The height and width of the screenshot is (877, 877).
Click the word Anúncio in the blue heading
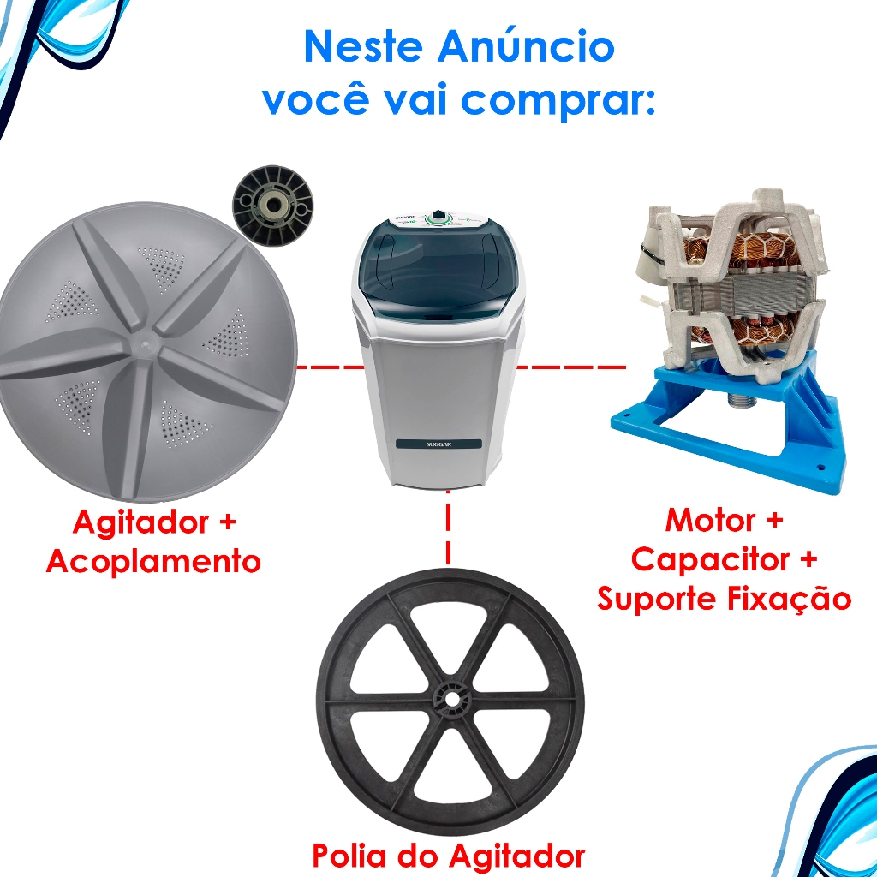click(x=526, y=46)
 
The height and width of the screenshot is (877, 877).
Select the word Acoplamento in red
click(x=153, y=560)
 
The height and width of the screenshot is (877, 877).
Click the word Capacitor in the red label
click(x=710, y=559)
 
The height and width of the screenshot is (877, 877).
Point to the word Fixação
click(x=789, y=597)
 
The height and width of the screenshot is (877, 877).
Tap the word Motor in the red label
click(x=710, y=520)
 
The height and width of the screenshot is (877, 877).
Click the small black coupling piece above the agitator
click(x=272, y=208)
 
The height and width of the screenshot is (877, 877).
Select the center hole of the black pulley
click(x=450, y=699)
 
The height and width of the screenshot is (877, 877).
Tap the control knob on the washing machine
click(x=438, y=215)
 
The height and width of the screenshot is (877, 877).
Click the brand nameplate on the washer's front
click(x=438, y=444)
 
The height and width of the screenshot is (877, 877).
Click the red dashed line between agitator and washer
click(x=330, y=367)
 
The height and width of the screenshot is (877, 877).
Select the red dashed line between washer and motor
click(x=570, y=367)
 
